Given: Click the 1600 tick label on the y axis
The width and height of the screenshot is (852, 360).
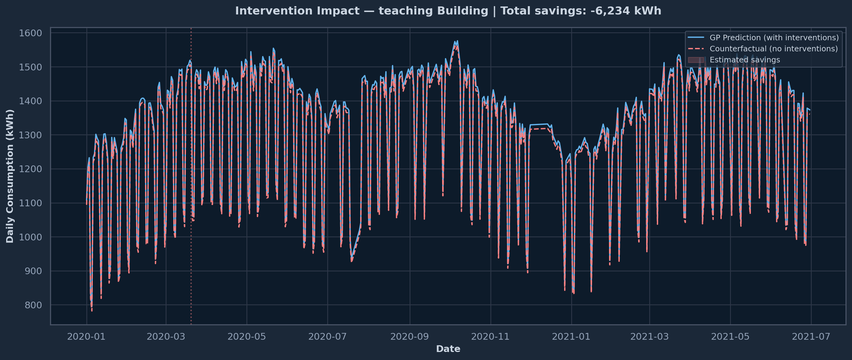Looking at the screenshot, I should tap(30, 33).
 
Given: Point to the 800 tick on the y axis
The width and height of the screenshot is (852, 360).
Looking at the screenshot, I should tap(33, 305).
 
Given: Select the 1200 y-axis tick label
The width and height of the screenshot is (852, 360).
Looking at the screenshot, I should tap(30, 169).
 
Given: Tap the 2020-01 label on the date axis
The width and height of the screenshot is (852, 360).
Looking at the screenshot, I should tap(86, 337).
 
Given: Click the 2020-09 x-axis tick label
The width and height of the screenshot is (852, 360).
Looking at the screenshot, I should tap(410, 337).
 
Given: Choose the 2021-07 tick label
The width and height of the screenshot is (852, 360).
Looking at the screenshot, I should tap(811, 337).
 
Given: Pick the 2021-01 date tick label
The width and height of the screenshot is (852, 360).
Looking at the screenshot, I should tap(571, 337).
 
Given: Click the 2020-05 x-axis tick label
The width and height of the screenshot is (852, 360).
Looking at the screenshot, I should tap(246, 337).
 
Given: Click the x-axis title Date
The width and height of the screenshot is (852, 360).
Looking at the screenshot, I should tap(448, 349).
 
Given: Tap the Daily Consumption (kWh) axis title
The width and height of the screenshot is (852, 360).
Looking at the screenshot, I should tap(10, 176).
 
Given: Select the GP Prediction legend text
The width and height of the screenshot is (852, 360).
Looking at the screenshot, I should tap(774, 38).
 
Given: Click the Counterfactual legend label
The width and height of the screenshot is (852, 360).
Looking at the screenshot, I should tap(774, 49).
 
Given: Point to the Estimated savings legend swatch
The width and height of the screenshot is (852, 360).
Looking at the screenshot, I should tap(696, 60).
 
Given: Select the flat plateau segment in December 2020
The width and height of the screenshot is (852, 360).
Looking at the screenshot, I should tap(539, 125).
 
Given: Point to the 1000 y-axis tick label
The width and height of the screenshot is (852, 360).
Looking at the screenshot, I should tap(30, 237).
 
